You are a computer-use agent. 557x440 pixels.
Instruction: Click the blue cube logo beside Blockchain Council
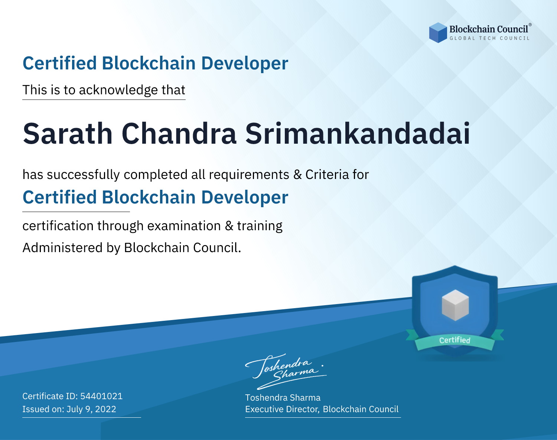[438, 33]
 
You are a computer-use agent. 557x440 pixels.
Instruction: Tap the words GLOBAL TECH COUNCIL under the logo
[489, 38]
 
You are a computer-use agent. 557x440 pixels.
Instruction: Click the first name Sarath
[68, 134]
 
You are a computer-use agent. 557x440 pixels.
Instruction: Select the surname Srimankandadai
[358, 134]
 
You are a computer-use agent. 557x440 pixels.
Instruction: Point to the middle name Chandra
[179, 134]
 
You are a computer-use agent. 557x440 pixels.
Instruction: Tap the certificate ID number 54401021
[101, 396]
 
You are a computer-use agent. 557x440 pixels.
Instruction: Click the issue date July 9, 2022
[91, 409]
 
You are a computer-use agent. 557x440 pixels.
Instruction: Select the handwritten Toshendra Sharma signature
[286, 372]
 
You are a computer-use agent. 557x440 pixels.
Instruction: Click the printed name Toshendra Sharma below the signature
[283, 398]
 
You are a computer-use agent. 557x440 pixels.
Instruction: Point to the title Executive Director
[281, 409]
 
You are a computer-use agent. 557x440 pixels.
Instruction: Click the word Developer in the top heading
[245, 63]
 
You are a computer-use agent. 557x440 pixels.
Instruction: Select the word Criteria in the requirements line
[327, 175]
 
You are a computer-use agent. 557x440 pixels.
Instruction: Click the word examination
[184, 226]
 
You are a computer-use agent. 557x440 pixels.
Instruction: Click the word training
[260, 226]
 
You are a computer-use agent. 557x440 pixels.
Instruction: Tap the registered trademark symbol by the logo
[530, 25]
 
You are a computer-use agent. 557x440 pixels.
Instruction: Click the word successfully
[83, 175]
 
